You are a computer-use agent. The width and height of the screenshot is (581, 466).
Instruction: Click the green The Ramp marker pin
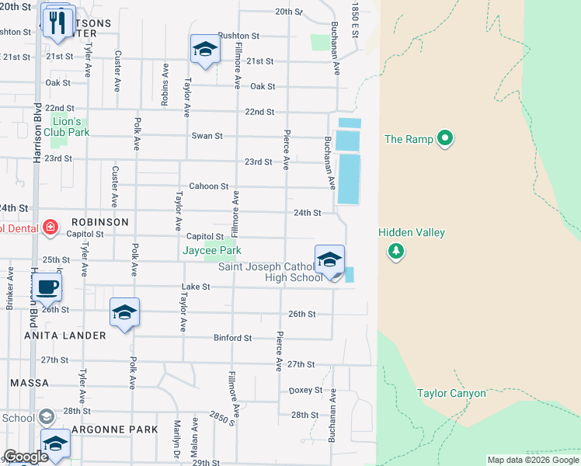[x=445, y=139]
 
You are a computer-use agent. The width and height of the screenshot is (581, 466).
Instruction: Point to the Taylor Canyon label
[x=451, y=393]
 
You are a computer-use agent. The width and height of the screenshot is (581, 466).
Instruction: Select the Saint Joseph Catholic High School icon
[x=329, y=260]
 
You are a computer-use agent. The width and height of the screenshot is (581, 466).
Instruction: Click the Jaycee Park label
[x=211, y=250]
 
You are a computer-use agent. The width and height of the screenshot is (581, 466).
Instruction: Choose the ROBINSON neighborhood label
[x=100, y=221]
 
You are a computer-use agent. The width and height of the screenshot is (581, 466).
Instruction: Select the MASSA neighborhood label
[x=30, y=383]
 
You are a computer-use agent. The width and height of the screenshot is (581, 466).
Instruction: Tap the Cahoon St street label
[x=209, y=186]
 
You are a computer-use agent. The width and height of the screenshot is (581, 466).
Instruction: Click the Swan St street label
[x=207, y=136]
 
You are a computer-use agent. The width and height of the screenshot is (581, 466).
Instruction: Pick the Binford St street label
[x=233, y=338]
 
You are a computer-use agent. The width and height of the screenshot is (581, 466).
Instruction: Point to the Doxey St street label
[x=305, y=390]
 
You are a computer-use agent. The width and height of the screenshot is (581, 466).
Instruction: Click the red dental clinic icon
[x=50, y=227]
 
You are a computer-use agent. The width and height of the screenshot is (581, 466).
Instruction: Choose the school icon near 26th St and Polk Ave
[x=124, y=313]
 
